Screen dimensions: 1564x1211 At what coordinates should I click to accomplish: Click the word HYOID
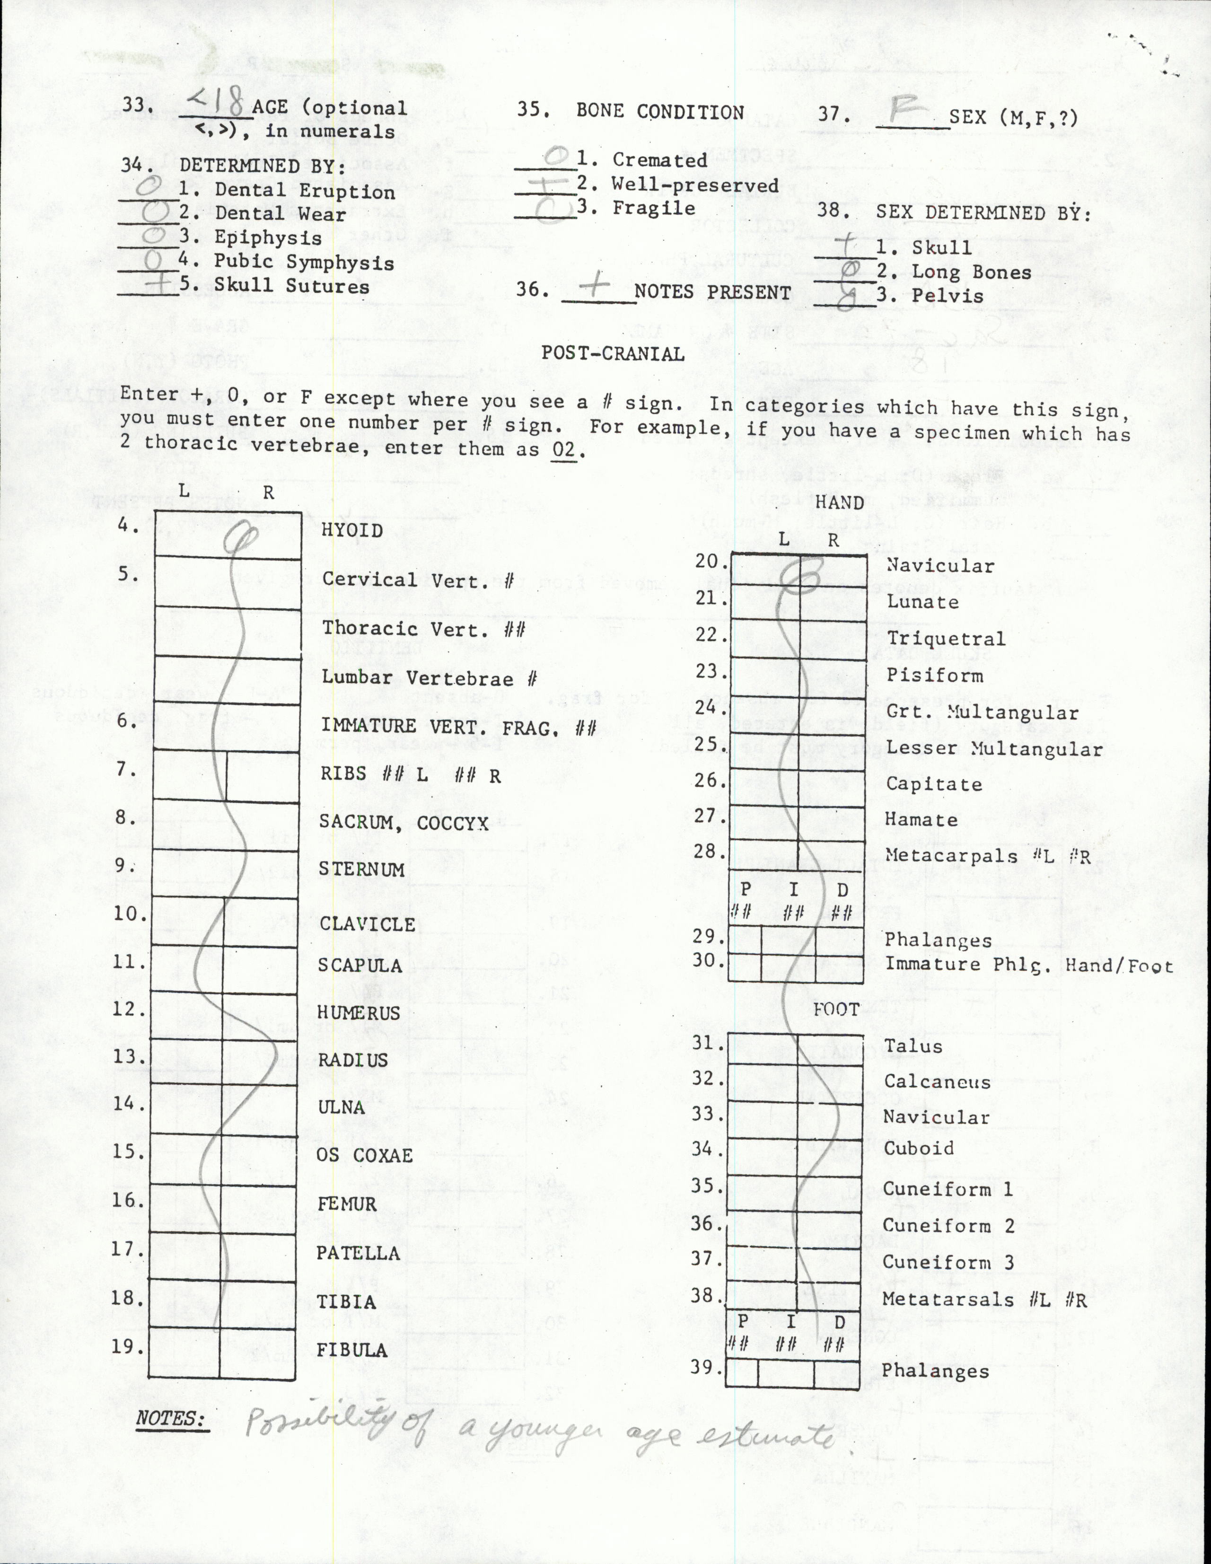coord(351,530)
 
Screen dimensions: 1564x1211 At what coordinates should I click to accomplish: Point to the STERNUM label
coord(362,870)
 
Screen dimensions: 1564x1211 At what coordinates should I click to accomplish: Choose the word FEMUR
coord(347,1204)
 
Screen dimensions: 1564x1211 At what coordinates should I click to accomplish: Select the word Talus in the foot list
coord(913,1046)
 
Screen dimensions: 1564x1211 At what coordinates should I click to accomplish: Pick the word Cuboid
coord(919,1148)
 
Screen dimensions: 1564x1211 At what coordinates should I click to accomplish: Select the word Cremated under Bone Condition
coord(659,160)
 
